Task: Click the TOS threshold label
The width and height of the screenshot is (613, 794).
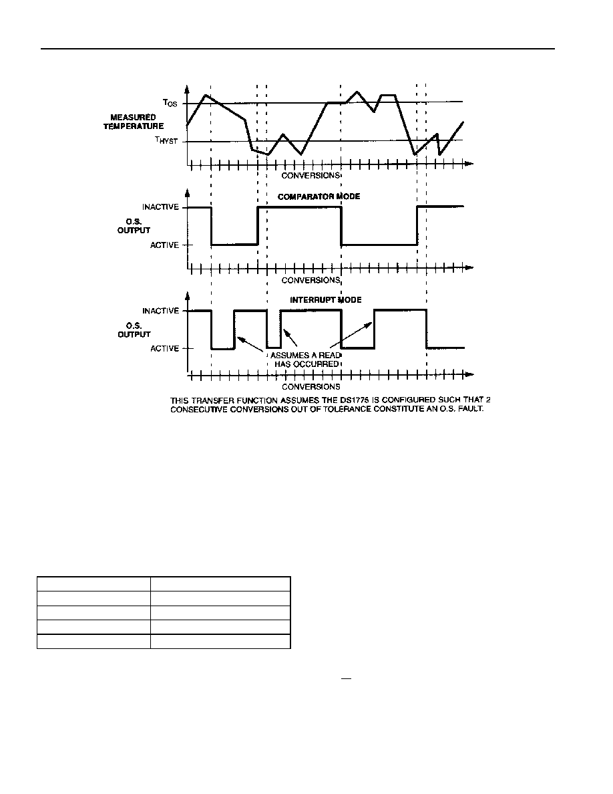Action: click(170, 103)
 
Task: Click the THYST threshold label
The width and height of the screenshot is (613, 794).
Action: click(166, 140)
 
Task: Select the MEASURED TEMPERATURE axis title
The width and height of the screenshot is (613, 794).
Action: click(134, 122)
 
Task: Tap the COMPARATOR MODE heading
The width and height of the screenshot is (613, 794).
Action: click(319, 196)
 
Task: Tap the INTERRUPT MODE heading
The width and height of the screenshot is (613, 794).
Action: click(326, 300)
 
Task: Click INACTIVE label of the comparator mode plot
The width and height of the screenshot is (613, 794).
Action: click(160, 207)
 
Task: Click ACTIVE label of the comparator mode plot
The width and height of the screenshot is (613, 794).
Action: click(164, 245)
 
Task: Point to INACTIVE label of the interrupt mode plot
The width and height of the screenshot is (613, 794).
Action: click(160, 311)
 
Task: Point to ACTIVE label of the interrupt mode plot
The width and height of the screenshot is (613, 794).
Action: click(164, 348)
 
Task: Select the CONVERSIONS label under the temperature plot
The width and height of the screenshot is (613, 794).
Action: click(311, 175)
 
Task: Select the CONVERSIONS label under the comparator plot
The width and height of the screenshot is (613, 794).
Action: click(311, 280)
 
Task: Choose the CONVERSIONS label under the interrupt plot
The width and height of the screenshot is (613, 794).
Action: click(311, 387)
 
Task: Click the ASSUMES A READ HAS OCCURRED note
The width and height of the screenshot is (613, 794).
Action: click(306, 360)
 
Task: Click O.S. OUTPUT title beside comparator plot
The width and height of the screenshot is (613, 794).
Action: click(134, 226)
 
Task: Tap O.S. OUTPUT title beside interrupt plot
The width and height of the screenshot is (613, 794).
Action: click(134, 329)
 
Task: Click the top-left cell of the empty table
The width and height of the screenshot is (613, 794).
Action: click(93, 583)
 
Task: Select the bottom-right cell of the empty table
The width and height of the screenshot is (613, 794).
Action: click(220, 642)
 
